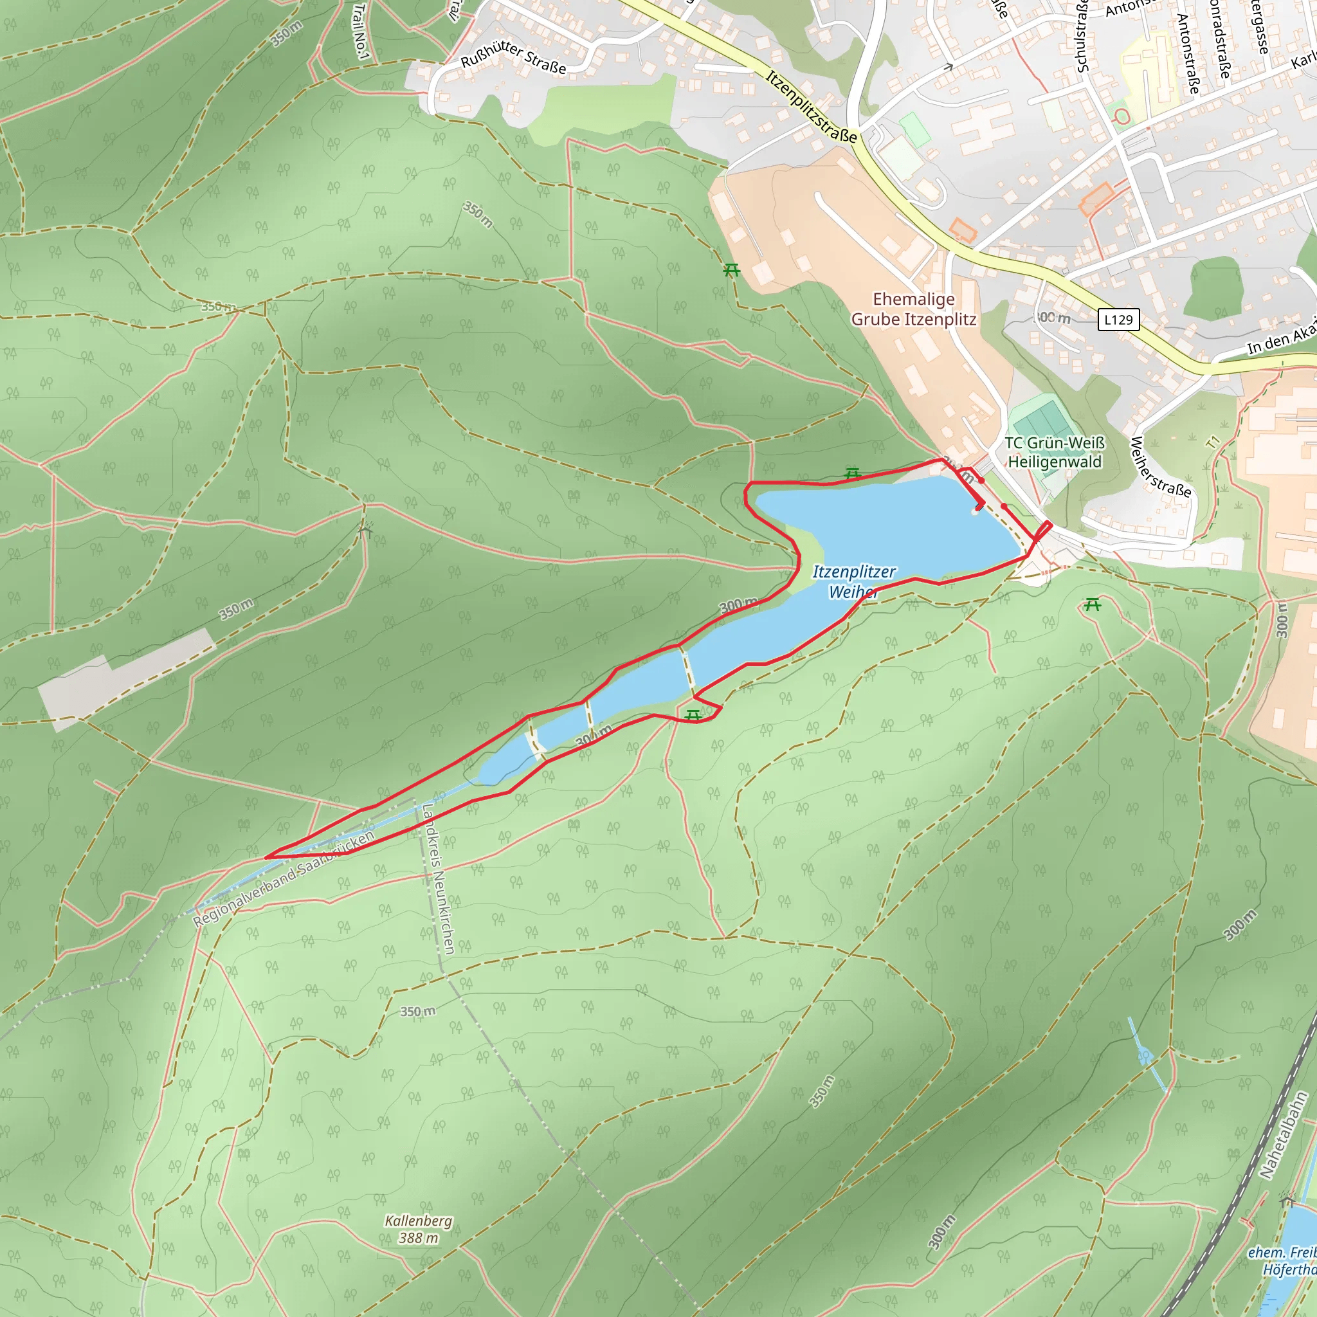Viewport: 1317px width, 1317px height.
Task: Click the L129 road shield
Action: tap(1118, 320)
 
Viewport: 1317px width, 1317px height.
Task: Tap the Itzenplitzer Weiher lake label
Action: tap(853, 581)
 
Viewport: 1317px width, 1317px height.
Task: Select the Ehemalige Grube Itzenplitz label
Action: tap(913, 309)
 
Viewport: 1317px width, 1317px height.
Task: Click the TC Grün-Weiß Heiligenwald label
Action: tap(1054, 453)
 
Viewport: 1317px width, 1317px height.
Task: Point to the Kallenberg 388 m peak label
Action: tap(418, 1229)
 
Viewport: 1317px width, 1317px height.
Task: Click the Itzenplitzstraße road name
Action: tap(810, 106)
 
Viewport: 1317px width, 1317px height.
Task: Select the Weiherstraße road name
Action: tap(1160, 468)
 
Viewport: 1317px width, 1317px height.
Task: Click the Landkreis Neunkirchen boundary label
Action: tap(439, 879)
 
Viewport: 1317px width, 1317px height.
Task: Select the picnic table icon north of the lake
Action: tap(852, 473)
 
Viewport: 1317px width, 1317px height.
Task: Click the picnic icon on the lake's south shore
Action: tap(693, 714)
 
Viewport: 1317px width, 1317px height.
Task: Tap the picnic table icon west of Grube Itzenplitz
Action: tap(731, 271)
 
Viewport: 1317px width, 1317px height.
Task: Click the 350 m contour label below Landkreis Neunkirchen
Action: tap(417, 1012)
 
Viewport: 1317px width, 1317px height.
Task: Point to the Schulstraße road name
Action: tap(1082, 37)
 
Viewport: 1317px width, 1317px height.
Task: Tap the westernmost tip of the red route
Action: tap(266, 857)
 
